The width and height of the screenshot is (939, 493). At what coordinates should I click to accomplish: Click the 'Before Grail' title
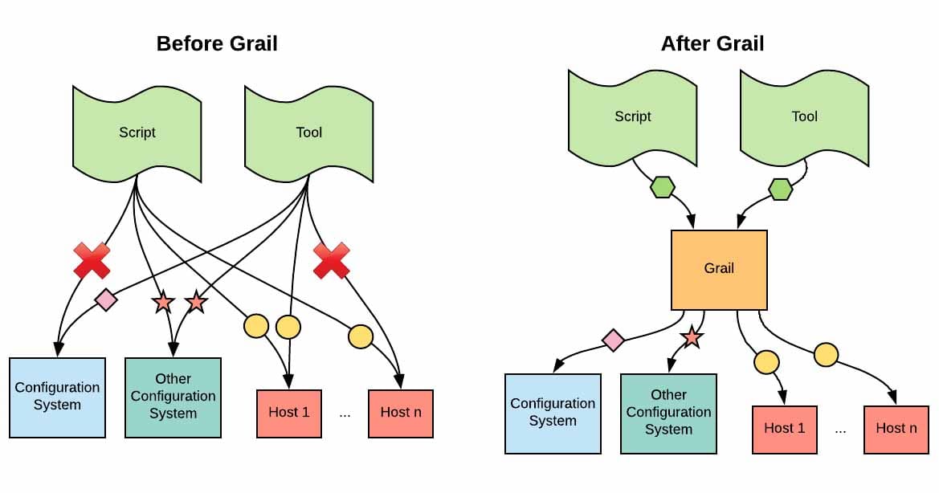217,43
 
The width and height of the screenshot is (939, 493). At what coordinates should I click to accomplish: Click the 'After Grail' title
712,43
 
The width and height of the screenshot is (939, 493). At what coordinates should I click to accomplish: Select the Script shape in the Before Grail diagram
137,132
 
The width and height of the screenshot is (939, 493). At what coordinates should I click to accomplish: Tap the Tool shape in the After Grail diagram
804,116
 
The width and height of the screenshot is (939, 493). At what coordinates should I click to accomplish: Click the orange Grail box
719,269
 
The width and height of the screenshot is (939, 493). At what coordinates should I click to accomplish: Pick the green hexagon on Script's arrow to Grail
662,188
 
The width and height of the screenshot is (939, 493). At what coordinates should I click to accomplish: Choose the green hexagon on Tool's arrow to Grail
780,189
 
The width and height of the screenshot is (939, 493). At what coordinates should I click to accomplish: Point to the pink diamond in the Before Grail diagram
106,300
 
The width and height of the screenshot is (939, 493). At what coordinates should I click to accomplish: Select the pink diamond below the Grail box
614,340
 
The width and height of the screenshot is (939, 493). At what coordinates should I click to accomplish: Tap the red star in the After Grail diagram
692,338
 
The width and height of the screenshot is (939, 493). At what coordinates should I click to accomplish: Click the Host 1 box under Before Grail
288,413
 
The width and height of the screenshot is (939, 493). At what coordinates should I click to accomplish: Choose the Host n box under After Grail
896,429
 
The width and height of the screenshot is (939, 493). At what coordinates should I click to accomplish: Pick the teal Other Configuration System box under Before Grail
173,397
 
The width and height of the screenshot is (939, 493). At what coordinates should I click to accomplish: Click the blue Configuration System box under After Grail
553,413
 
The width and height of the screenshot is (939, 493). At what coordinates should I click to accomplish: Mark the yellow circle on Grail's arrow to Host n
826,354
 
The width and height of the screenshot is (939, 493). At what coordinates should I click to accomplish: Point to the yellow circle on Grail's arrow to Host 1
766,363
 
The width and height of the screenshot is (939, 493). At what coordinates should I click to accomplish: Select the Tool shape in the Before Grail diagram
308,132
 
